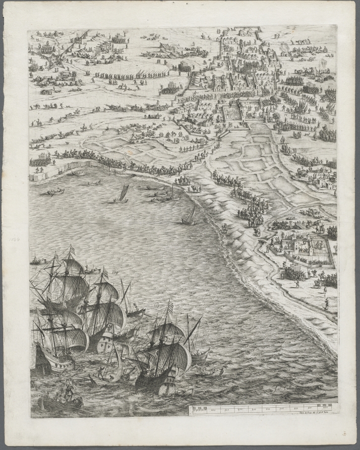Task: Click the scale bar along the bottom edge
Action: tap(262, 408)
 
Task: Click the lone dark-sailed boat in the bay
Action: tap(123, 194)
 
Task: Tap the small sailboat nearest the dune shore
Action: tap(189, 217)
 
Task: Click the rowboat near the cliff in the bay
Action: tap(54, 192)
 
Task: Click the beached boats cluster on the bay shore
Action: tap(161, 194)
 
